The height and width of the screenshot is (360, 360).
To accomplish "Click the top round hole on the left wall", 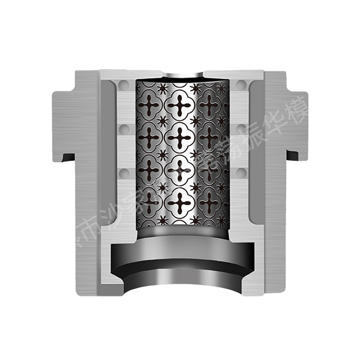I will (x=125, y=86).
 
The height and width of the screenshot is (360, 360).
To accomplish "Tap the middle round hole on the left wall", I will (x=125, y=129).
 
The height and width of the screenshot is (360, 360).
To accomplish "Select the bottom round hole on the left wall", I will (x=125, y=173).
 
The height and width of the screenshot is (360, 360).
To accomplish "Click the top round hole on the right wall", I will (x=241, y=86).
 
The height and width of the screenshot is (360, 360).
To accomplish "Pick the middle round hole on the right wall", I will (x=241, y=129).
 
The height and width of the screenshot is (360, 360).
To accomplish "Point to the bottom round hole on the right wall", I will (x=241, y=173).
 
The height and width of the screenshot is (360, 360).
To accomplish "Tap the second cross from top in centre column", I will (x=179, y=138).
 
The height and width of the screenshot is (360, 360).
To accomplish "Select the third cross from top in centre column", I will (x=179, y=171).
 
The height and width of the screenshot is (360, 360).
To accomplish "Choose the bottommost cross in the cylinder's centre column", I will (x=179, y=204).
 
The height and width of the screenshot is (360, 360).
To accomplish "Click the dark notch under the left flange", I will (x=68, y=157).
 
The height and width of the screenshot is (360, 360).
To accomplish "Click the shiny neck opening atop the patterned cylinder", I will (x=182, y=76).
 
